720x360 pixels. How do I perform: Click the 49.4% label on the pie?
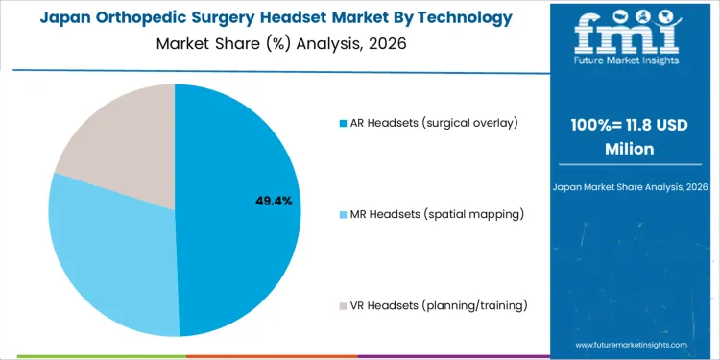274,202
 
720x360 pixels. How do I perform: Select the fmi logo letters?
630,34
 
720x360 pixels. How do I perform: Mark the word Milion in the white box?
631,149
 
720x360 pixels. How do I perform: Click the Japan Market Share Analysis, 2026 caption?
631,185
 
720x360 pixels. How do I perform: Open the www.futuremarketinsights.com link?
631,344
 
